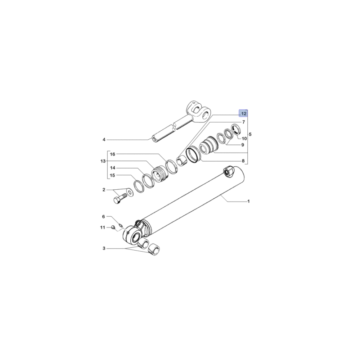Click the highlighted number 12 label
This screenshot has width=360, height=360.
(x=244, y=114)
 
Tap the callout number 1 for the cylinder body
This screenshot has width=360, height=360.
(x=248, y=202)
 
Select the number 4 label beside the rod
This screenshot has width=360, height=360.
(x=104, y=140)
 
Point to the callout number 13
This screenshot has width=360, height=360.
(x=102, y=161)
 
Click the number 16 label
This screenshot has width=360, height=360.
(x=112, y=154)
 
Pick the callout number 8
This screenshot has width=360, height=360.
(x=243, y=161)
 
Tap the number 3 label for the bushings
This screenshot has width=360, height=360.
(x=104, y=248)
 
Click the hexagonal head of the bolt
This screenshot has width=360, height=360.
(x=117, y=200)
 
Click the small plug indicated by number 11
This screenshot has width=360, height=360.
(x=113, y=227)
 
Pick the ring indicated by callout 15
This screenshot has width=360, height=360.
(x=138, y=186)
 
